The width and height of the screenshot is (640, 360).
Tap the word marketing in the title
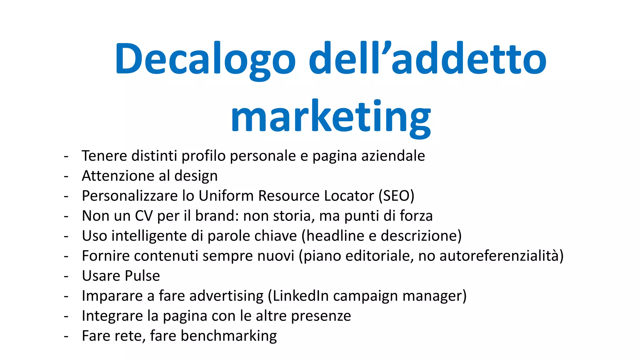point(331,117)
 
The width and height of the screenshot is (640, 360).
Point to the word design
point(196,176)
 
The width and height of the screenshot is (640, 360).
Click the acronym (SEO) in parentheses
point(396,196)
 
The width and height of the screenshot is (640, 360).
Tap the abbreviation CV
point(144,216)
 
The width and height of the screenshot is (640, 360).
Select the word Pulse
point(142,276)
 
